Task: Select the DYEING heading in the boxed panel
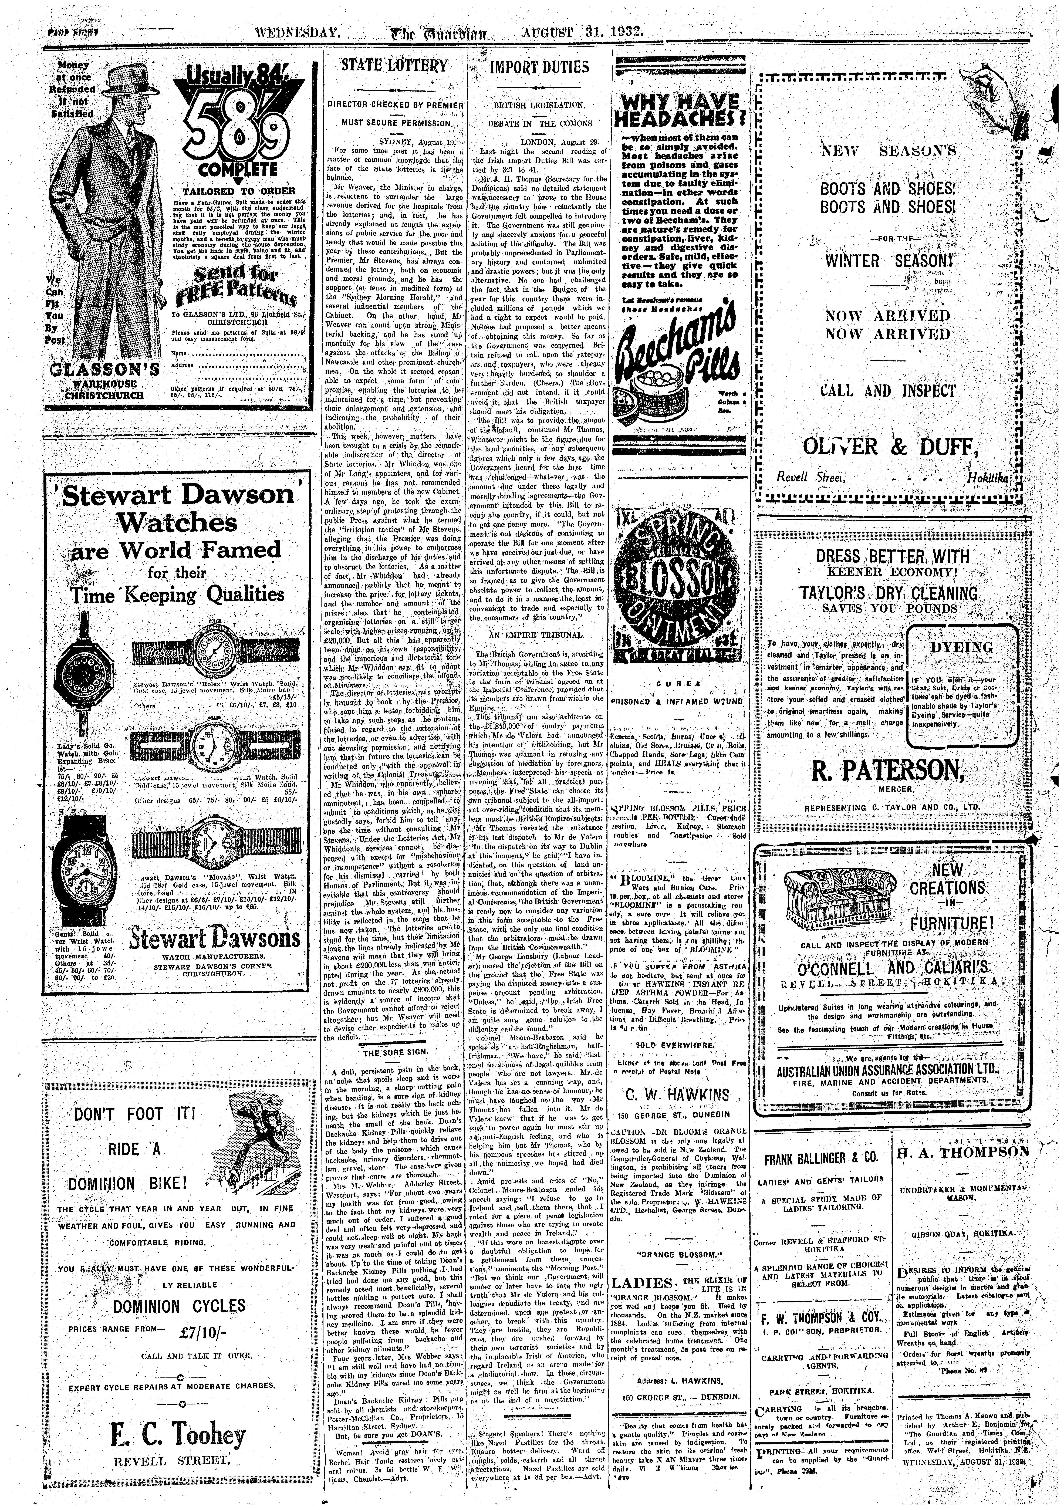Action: click(x=961, y=647)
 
